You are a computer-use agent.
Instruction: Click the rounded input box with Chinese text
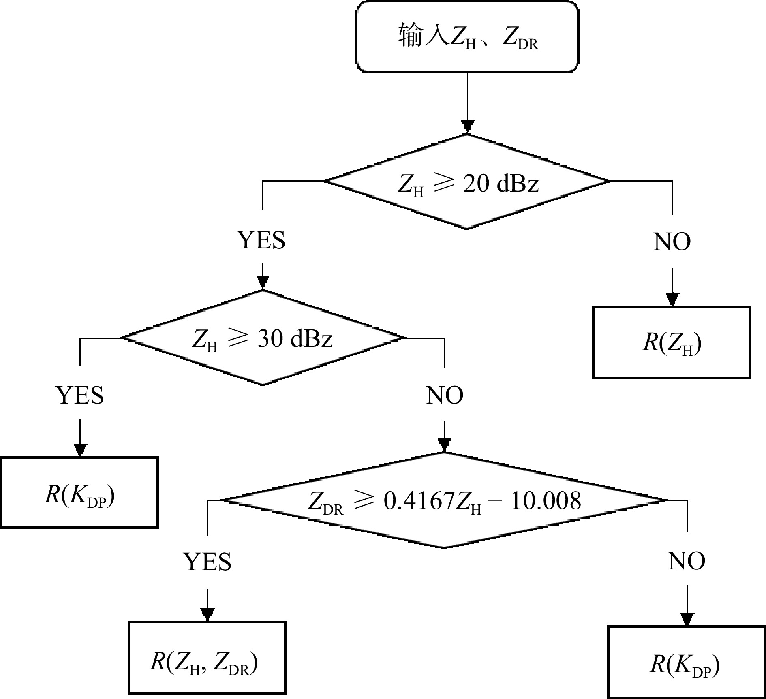(467, 37)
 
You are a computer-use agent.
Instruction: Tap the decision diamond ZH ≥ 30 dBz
(263, 338)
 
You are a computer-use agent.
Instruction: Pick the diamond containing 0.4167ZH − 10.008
(444, 501)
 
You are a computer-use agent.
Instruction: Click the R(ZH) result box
(672, 343)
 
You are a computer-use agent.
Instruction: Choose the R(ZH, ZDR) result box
(207, 663)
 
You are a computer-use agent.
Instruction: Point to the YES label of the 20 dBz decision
(261, 240)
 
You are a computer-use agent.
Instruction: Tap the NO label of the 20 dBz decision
(672, 242)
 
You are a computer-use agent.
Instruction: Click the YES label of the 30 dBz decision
(80, 395)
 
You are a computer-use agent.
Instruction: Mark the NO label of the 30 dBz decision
(445, 395)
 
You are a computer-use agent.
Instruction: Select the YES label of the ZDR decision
(208, 562)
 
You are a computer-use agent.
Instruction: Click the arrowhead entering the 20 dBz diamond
(468, 126)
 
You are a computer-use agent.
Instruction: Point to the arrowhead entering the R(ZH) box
(672, 299)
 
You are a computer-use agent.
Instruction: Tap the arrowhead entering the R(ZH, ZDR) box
(208, 614)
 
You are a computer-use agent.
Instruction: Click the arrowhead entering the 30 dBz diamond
(263, 282)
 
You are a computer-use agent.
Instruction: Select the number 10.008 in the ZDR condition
(546, 501)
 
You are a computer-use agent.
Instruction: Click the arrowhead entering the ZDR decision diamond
(445, 445)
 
